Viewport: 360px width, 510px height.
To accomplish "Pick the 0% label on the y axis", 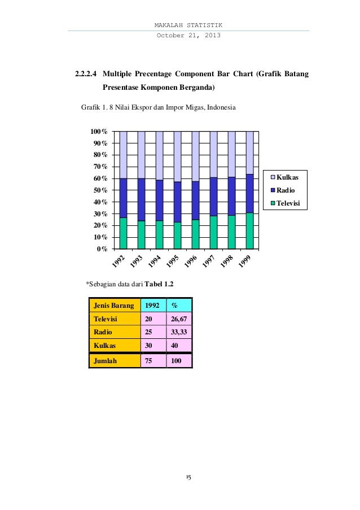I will [x=103, y=249].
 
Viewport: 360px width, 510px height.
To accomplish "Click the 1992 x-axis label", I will [x=117, y=261].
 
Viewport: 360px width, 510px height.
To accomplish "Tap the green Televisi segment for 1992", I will [x=123, y=233].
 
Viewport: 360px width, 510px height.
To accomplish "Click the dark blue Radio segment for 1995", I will [x=177, y=202].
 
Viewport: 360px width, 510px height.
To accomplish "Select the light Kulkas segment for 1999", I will [x=249, y=152].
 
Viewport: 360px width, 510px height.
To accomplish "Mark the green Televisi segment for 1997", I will [x=213, y=232].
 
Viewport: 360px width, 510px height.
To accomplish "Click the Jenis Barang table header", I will [x=114, y=306].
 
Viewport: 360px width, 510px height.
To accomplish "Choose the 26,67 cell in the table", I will [x=179, y=319].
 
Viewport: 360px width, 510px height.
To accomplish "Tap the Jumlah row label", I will [x=105, y=360].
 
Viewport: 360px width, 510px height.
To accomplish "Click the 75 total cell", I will [x=150, y=360].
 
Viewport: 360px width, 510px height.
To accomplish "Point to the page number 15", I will [x=188, y=477].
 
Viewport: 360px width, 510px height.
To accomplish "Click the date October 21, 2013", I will [x=188, y=36].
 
